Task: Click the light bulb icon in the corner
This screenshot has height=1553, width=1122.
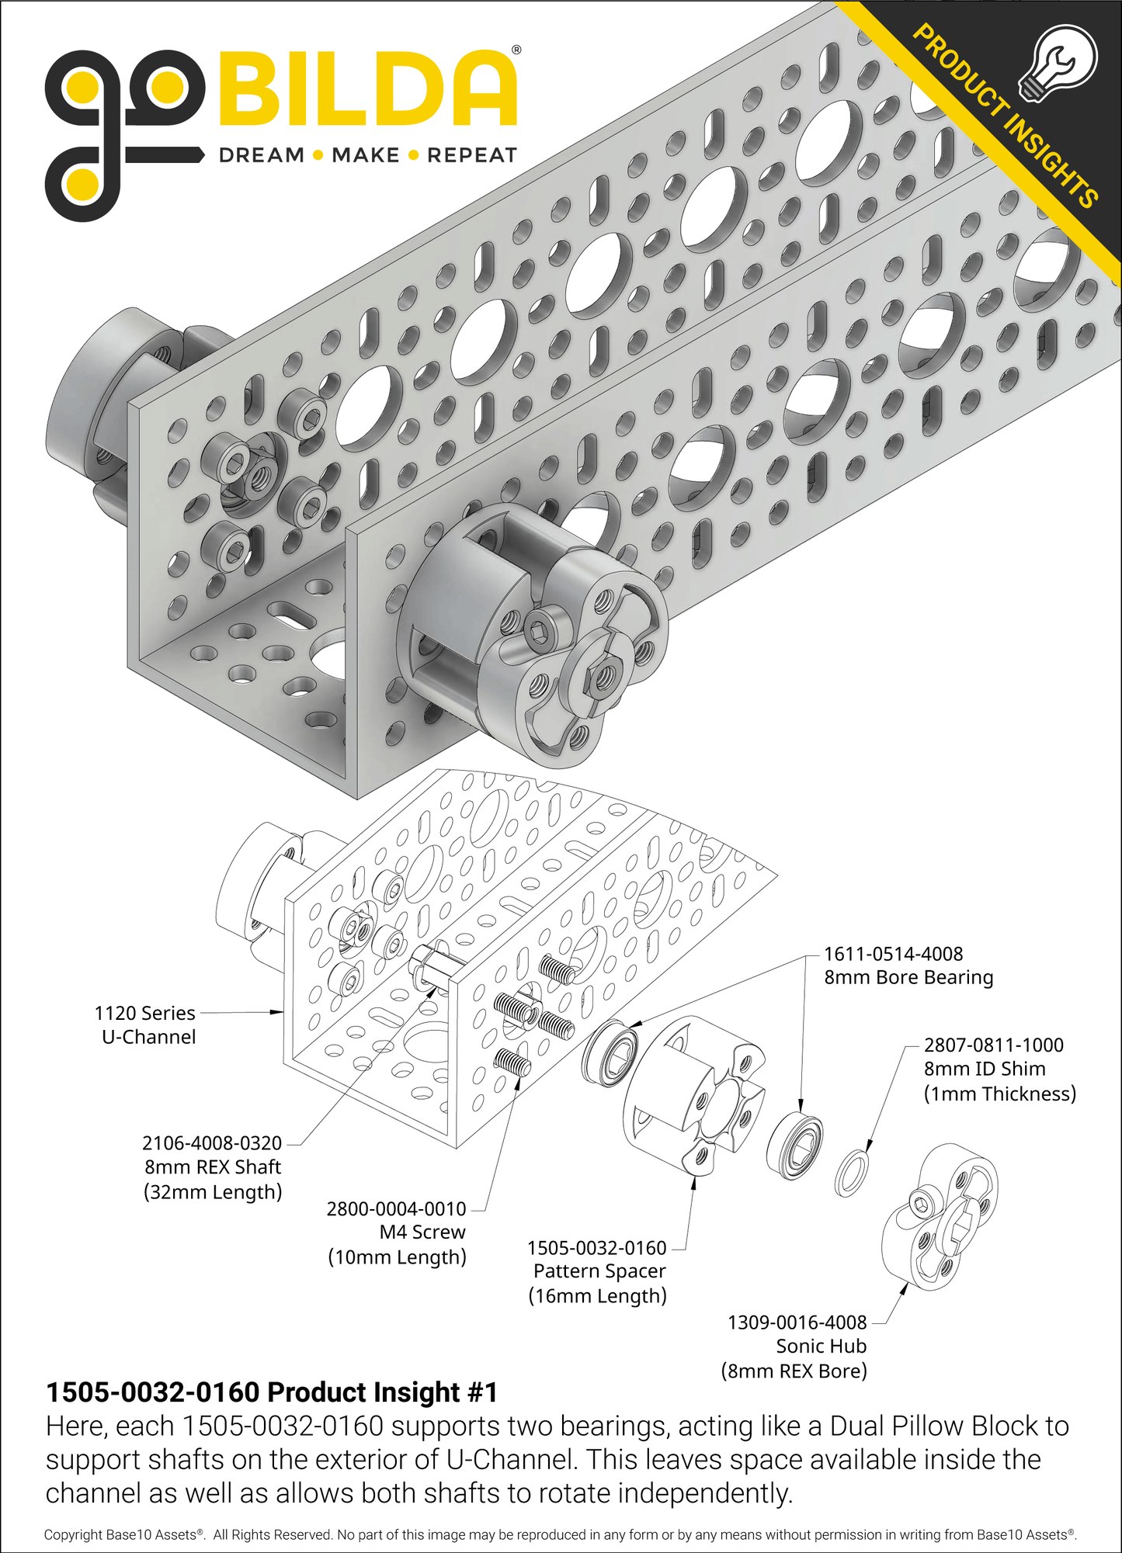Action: tap(1058, 63)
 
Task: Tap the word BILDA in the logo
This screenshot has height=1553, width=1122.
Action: tap(367, 89)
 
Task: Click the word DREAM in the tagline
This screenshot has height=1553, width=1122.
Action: tap(261, 155)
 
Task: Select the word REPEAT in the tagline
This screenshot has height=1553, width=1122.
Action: tap(471, 155)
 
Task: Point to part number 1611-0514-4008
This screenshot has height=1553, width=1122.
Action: tap(893, 954)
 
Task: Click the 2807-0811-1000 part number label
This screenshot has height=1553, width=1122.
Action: tap(993, 1045)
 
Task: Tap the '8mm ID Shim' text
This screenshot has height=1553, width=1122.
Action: tap(984, 1069)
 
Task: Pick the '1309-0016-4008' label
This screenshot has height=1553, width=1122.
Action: tap(797, 1322)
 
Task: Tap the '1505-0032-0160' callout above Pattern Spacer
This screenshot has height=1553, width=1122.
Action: tap(596, 1247)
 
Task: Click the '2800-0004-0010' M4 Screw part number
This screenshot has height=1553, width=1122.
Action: tap(396, 1208)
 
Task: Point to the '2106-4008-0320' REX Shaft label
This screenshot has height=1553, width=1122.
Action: tap(211, 1142)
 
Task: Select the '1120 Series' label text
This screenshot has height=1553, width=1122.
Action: tap(144, 1013)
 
